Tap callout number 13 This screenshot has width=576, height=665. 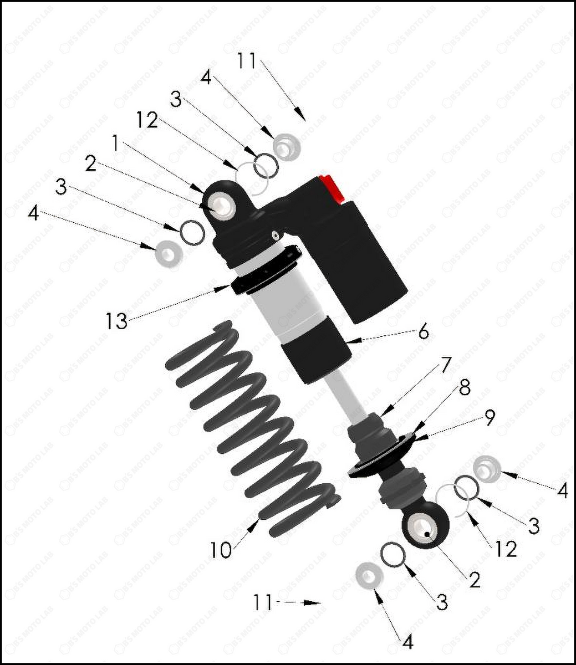[117, 321]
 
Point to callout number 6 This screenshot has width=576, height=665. [423, 332]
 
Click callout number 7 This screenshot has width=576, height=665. [446, 365]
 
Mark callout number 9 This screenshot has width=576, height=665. [488, 418]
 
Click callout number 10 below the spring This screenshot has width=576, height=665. [220, 550]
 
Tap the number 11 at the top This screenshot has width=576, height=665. [247, 60]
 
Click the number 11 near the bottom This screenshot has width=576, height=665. [263, 602]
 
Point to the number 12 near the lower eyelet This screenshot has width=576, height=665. [505, 549]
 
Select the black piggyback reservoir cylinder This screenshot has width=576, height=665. [369, 260]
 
